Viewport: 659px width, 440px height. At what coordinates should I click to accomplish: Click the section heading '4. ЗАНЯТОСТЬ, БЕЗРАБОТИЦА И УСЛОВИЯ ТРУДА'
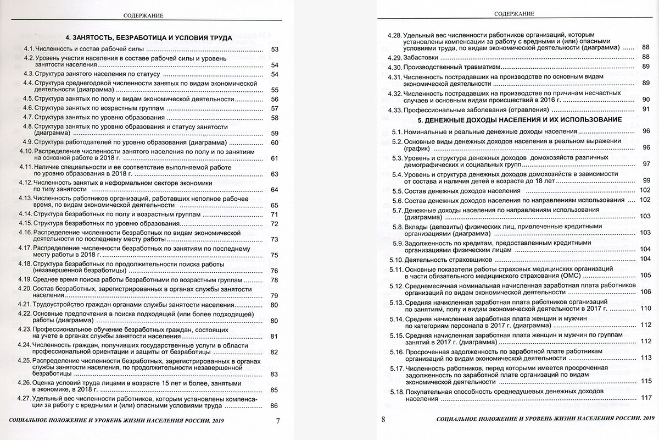coord(146,38)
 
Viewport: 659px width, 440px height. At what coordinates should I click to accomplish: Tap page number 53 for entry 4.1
coord(276,51)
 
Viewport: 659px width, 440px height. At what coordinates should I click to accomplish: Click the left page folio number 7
coord(278,421)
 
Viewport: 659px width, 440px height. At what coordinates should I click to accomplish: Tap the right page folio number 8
coord(384,421)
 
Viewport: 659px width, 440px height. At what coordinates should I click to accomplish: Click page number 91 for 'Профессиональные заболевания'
coord(646,109)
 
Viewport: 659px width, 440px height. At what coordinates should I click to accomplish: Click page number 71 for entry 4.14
coord(275,214)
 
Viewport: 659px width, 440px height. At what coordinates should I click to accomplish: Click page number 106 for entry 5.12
coord(645,291)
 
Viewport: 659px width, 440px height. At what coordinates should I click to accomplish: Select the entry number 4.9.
coord(26,142)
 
